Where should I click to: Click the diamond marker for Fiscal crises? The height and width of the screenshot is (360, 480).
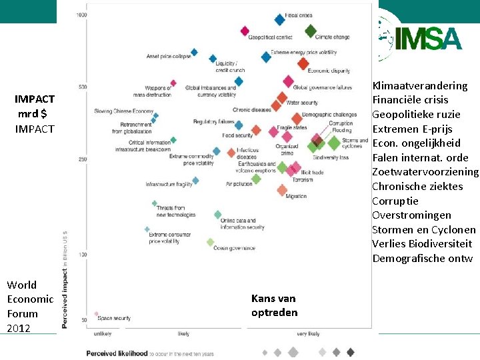280,20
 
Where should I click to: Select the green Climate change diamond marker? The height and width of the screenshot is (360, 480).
311,31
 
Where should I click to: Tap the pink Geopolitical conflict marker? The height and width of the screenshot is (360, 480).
245,31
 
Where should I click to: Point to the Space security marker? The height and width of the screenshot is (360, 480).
96,313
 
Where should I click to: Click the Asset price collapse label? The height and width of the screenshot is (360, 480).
169,56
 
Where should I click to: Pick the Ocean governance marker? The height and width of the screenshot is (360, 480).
211,242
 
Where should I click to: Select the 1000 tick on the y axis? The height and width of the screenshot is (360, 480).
81,15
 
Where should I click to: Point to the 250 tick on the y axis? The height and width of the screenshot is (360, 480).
83,159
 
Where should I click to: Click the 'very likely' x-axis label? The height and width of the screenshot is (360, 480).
308,333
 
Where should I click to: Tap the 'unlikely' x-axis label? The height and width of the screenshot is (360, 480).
102,333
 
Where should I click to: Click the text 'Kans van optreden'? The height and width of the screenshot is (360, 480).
273,305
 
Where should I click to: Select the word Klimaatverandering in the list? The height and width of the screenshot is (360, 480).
420,86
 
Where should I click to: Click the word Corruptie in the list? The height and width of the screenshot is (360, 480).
395,201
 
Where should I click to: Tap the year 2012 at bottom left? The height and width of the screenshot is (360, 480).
19,328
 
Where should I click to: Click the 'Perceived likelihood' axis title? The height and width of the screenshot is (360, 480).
117,353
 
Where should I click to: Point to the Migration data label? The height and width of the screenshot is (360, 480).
296,197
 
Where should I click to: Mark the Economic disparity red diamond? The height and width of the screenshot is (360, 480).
303,64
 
